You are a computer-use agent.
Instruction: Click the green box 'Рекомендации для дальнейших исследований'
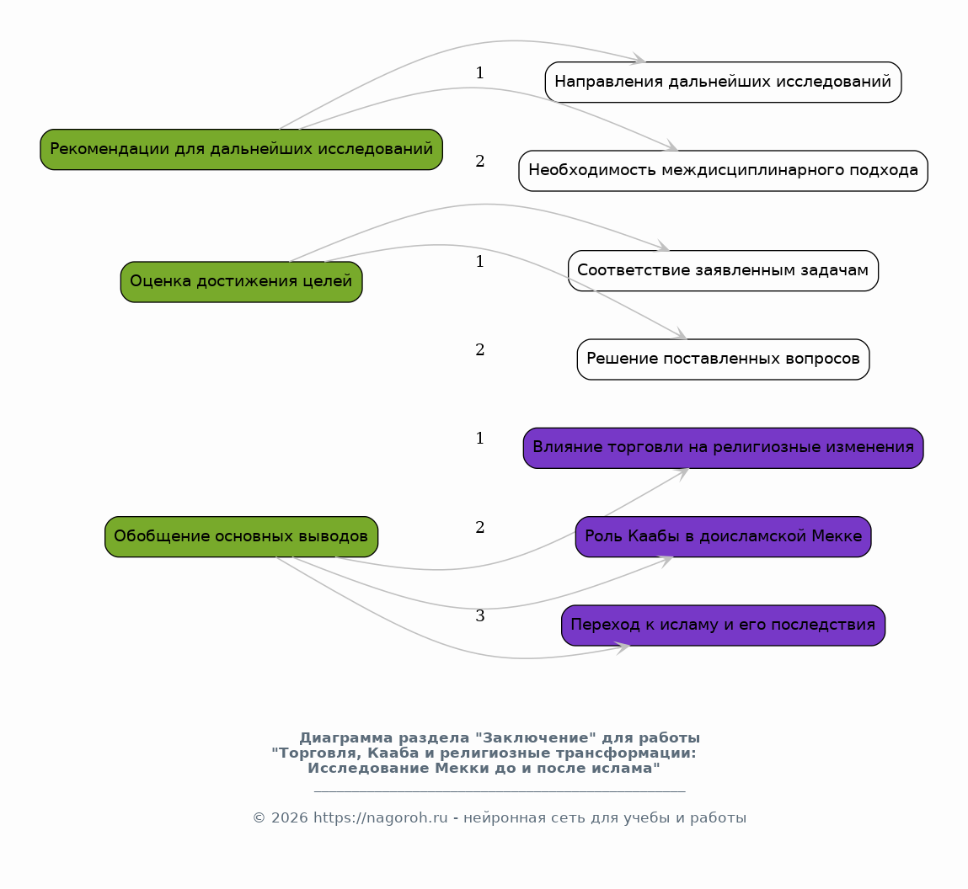[x=242, y=149]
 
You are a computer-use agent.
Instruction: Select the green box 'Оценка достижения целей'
[x=242, y=282]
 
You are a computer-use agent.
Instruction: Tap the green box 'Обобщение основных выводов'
[x=242, y=537]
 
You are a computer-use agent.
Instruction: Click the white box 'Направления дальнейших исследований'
[x=723, y=82]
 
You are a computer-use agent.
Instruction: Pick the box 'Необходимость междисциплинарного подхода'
[x=723, y=171]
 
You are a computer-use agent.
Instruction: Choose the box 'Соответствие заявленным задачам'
[x=723, y=271]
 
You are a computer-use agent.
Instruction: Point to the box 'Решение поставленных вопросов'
[x=723, y=359]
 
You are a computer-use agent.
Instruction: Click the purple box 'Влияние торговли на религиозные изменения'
[x=723, y=448]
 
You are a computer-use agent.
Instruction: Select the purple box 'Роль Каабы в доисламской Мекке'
[x=723, y=537]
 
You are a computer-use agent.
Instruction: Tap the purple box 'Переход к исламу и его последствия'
[x=723, y=625]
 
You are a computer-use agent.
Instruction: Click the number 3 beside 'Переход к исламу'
[x=479, y=616]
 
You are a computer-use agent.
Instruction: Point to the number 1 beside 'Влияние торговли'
[x=479, y=439]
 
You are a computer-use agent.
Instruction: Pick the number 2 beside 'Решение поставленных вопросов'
[x=479, y=350]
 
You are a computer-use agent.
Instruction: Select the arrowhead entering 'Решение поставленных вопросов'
[x=679, y=333]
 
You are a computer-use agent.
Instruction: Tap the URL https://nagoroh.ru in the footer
[x=380, y=818]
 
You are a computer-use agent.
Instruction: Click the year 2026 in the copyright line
[x=289, y=818]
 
